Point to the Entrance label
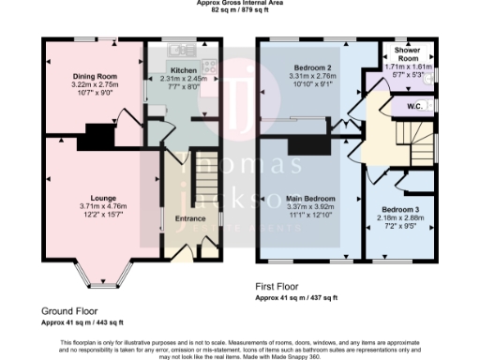pos(190,218)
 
